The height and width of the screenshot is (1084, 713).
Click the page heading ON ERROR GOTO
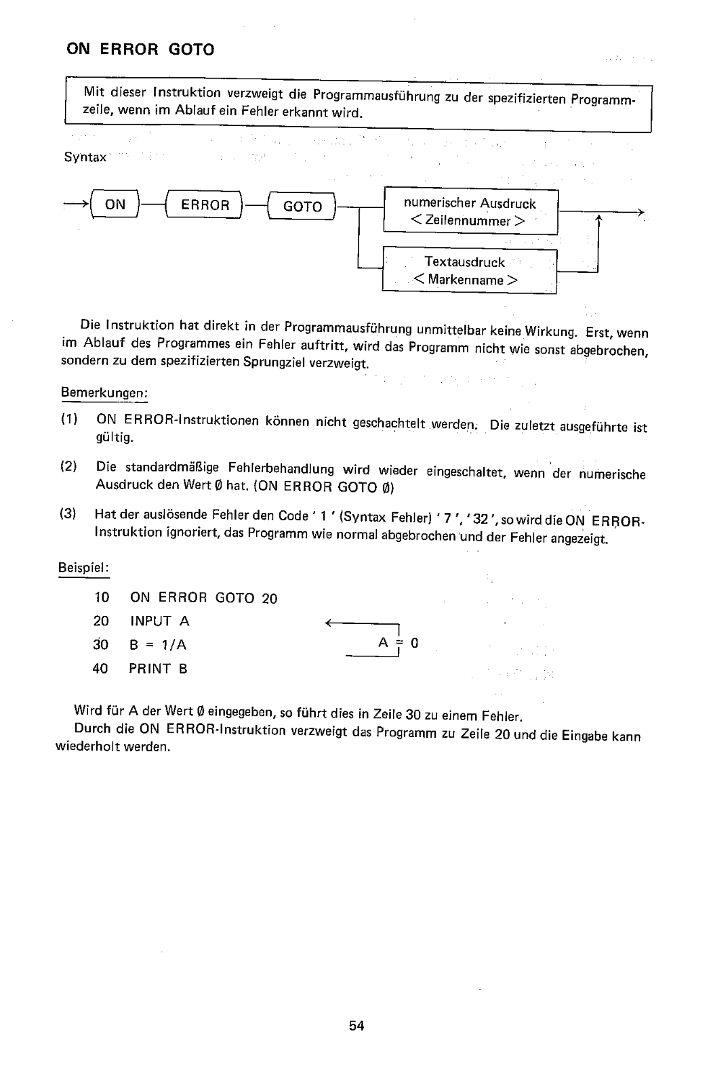pyautogui.click(x=139, y=49)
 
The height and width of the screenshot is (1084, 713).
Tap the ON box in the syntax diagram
pyautogui.click(x=115, y=204)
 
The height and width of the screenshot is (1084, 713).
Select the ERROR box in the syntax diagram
pyautogui.click(x=205, y=205)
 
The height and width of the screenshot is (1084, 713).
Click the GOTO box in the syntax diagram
pyautogui.click(x=302, y=207)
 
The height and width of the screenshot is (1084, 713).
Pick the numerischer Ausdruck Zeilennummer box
pyautogui.click(x=470, y=212)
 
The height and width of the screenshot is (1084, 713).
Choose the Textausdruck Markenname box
pyautogui.click(x=468, y=271)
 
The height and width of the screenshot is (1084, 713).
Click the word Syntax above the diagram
pyautogui.click(x=85, y=157)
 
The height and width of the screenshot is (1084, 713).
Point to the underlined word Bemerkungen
pyautogui.click(x=104, y=393)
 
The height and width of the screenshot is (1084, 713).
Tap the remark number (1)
pyautogui.click(x=70, y=419)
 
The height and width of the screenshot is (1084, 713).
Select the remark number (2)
pyautogui.click(x=69, y=467)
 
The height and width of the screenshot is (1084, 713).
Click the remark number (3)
pyautogui.click(x=68, y=514)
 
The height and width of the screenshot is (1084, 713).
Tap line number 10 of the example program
pyautogui.click(x=101, y=597)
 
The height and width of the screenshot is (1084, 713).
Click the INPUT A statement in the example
pyautogui.click(x=159, y=621)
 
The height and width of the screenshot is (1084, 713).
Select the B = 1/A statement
pyautogui.click(x=158, y=645)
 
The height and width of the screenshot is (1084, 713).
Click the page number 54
pyautogui.click(x=356, y=1026)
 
